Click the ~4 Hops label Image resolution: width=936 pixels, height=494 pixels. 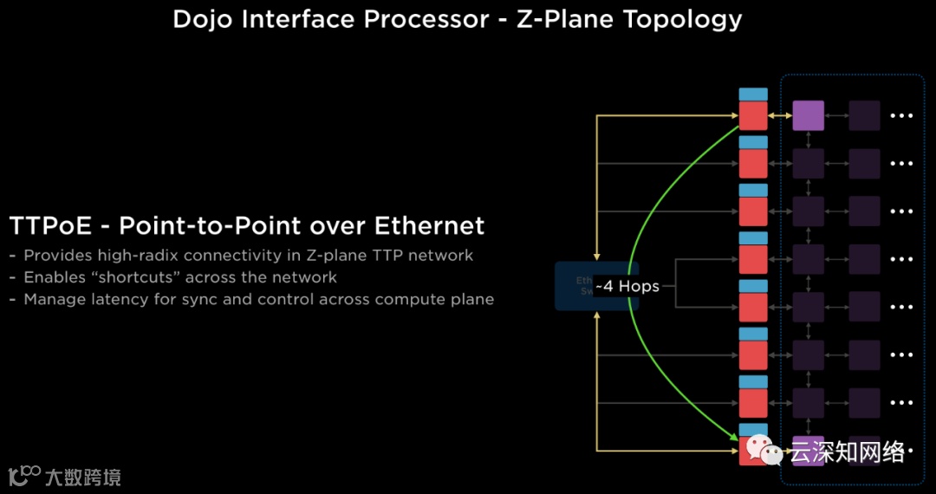(x=627, y=286)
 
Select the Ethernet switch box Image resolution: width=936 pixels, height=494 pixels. (x=596, y=286)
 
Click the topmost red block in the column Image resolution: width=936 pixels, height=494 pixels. (x=753, y=115)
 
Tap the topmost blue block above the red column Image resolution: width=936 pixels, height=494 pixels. (x=753, y=94)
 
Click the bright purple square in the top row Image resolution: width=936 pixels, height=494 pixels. (x=808, y=115)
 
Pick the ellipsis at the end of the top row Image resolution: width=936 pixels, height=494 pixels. (x=902, y=115)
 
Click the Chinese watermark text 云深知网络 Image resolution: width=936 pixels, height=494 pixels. (x=846, y=452)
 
